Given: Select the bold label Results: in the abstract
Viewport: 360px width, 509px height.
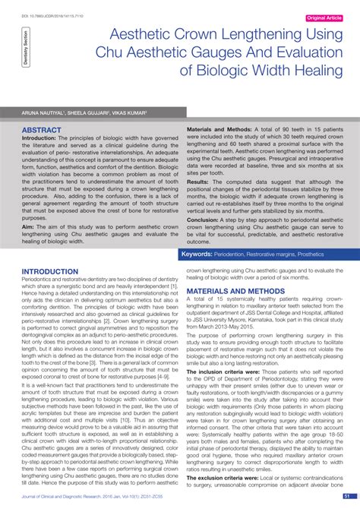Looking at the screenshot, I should pyautogui.click(x=198, y=182).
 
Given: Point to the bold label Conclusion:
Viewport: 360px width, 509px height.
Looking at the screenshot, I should pyautogui.click(x=204, y=220).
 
